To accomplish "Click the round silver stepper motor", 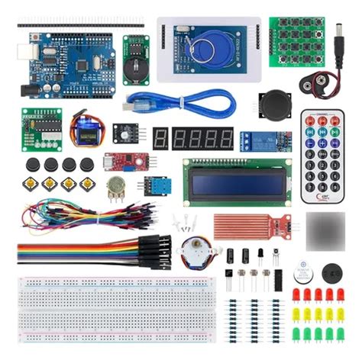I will (192, 252).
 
